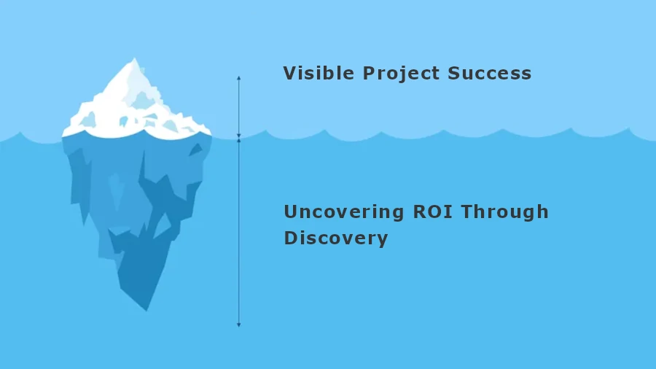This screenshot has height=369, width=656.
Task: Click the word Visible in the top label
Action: coord(309,73)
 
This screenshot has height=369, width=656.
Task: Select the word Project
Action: coord(391,74)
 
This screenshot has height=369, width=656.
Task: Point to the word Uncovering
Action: coord(343,212)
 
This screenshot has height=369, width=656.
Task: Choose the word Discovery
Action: coord(335,238)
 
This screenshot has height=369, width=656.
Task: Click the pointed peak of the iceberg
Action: coord(133,60)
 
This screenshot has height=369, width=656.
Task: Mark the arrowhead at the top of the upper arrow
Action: coord(238,77)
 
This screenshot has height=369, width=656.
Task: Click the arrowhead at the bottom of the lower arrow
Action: coord(238,325)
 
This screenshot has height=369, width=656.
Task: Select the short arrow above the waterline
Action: coord(238,106)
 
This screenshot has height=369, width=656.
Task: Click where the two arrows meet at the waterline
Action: coord(238,137)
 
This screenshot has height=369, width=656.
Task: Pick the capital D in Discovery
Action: coord(291,238)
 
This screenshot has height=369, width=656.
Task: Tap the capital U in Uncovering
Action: coord(291,212)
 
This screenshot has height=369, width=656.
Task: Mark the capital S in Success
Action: coord(454,73)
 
